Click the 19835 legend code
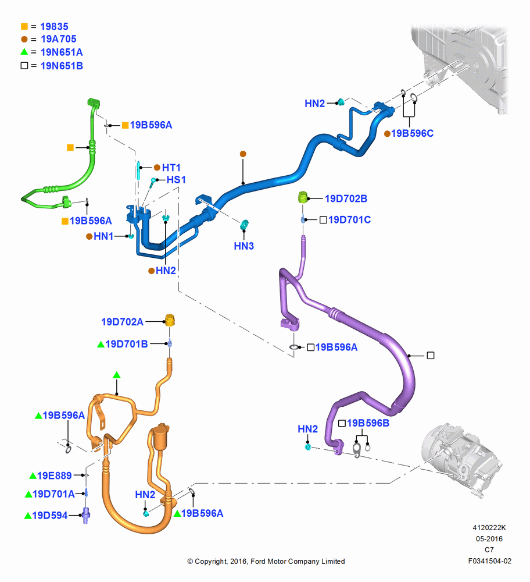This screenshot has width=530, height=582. pyautogui.click(x=54, y=27)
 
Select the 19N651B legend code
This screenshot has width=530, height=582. pyautogui.click(x=62, y=66)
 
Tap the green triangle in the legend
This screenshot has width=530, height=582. pyautogui.click(x=24, y=52)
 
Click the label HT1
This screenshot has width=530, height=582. pyautogui.click(x=171, y=168)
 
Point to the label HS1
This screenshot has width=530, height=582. pyautogui.click(x=176, y=180)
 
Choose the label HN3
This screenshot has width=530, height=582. pyautogui.click(x=244, y=246)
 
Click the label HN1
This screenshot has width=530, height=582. pyautogui.click(x=103, y=236)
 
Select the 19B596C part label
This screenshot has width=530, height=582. pyautogui.click(x=412, y=133)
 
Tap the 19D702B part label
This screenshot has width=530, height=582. pyautogui.click(x=346, y=198)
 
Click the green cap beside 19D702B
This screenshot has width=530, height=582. pyautogui.click(x=303, y=197)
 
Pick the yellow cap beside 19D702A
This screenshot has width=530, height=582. pyautogui.click(x=170, y=320)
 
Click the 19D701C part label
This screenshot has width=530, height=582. pyautogui.click(x=349, y=220)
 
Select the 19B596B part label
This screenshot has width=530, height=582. pyautogui.click(x=368, y=423)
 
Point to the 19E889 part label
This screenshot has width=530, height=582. pyautogui.click(x=54, y=475)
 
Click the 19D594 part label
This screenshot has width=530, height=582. pyautogui.click(x=49, y=515)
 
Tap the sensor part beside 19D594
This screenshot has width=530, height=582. pyautogui.click(x=87, y=515)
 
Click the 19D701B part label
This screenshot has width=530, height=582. pyautogui.click(x=126, y=344)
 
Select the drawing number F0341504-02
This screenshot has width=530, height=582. pyautogui.click(x=489, y=561)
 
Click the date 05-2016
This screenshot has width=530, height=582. pyautogui.click(x=489, y=538)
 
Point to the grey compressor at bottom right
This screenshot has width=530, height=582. pyautogui.click(x=461, y=459)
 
